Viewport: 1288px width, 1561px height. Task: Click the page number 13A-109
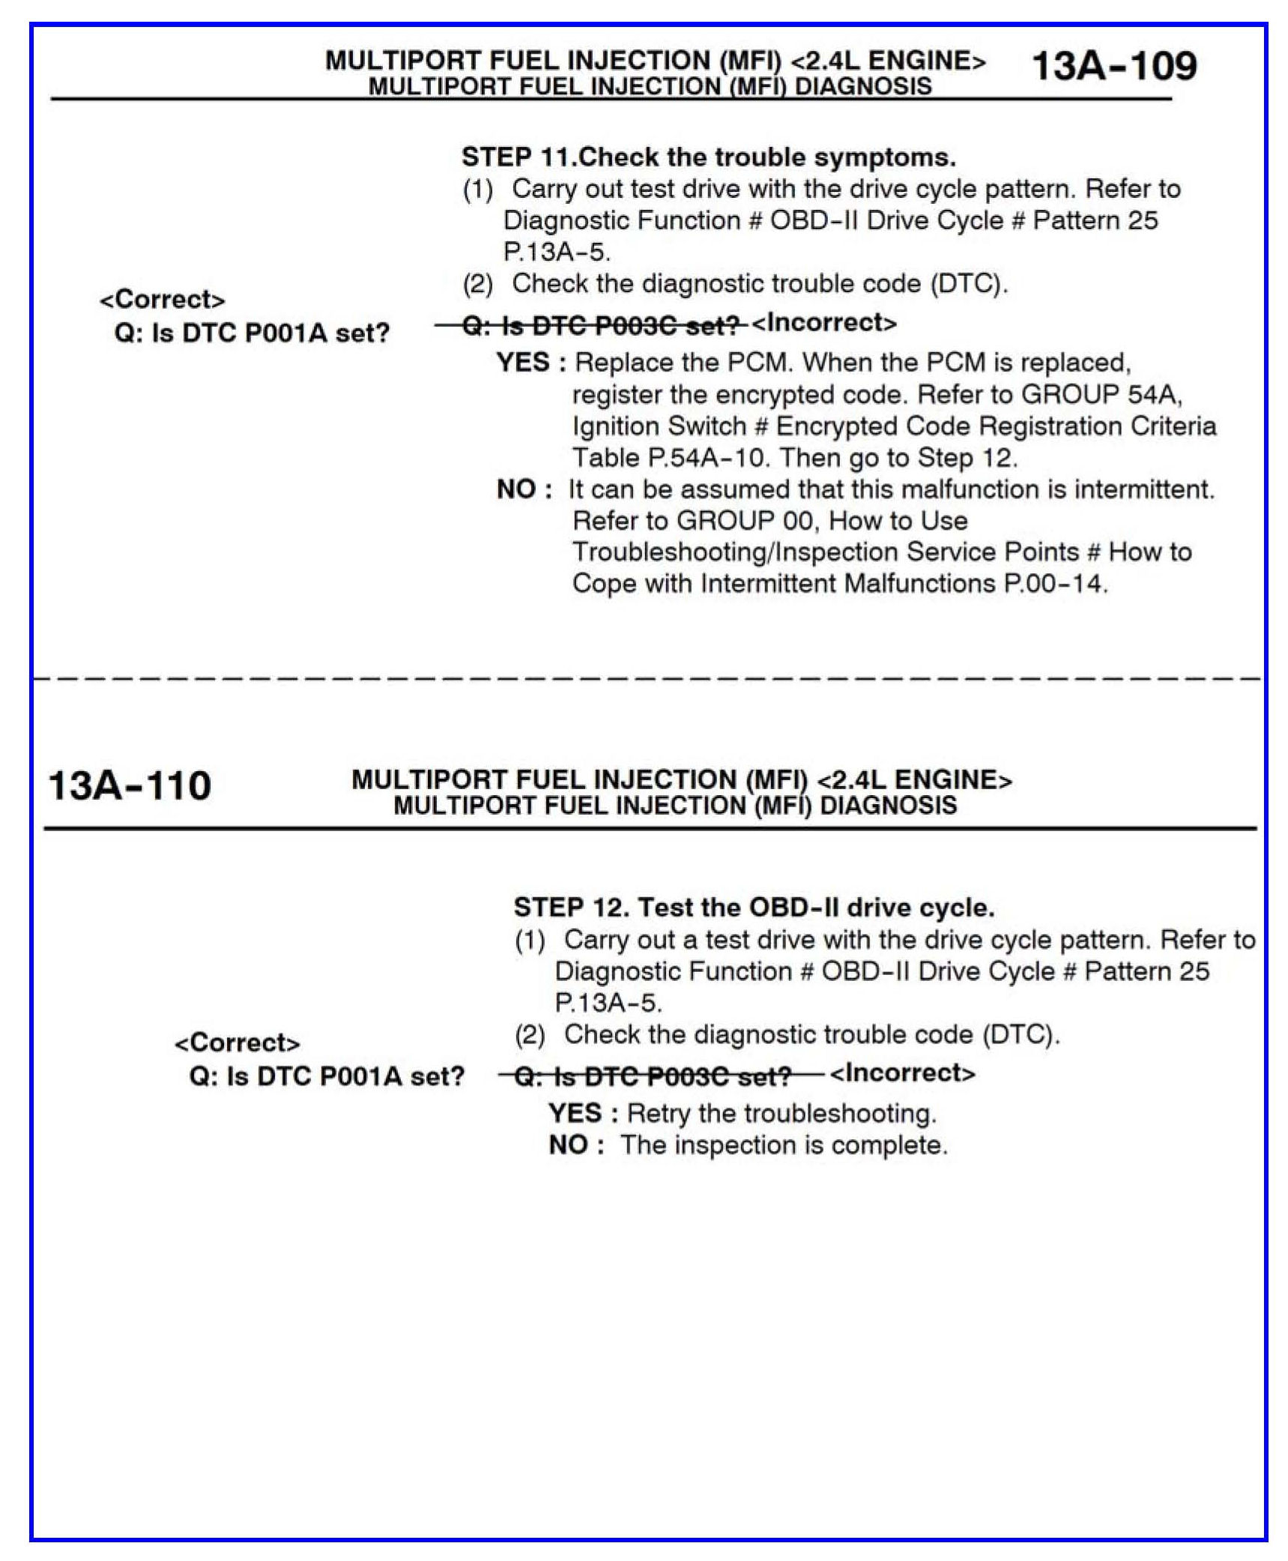[x=1113, y=66]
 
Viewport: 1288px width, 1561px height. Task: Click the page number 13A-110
[x=129, y=786]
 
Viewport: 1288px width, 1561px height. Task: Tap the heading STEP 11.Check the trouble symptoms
[x=708, y=157]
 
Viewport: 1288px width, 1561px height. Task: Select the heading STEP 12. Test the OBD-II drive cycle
[x=754, y=908]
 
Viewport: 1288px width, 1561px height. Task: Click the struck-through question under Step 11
[x=602, y=325]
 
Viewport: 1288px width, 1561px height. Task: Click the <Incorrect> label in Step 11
[x=823, y=323]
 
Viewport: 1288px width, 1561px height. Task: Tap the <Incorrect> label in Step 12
[x=902, y=1073]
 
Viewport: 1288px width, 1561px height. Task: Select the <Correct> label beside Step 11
[x=162, y=300]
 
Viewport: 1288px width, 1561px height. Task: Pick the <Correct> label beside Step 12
[x=237, y=1042]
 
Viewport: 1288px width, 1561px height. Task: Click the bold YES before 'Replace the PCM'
[x=523, y=363]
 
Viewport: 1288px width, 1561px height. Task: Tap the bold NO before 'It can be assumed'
[x=515, y=489]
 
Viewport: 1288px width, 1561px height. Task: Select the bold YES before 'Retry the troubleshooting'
[x=575, y=1113]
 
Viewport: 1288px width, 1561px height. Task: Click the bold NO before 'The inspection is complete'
[x=567, y=1145]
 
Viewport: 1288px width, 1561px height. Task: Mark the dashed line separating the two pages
[x=644, y=679]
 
